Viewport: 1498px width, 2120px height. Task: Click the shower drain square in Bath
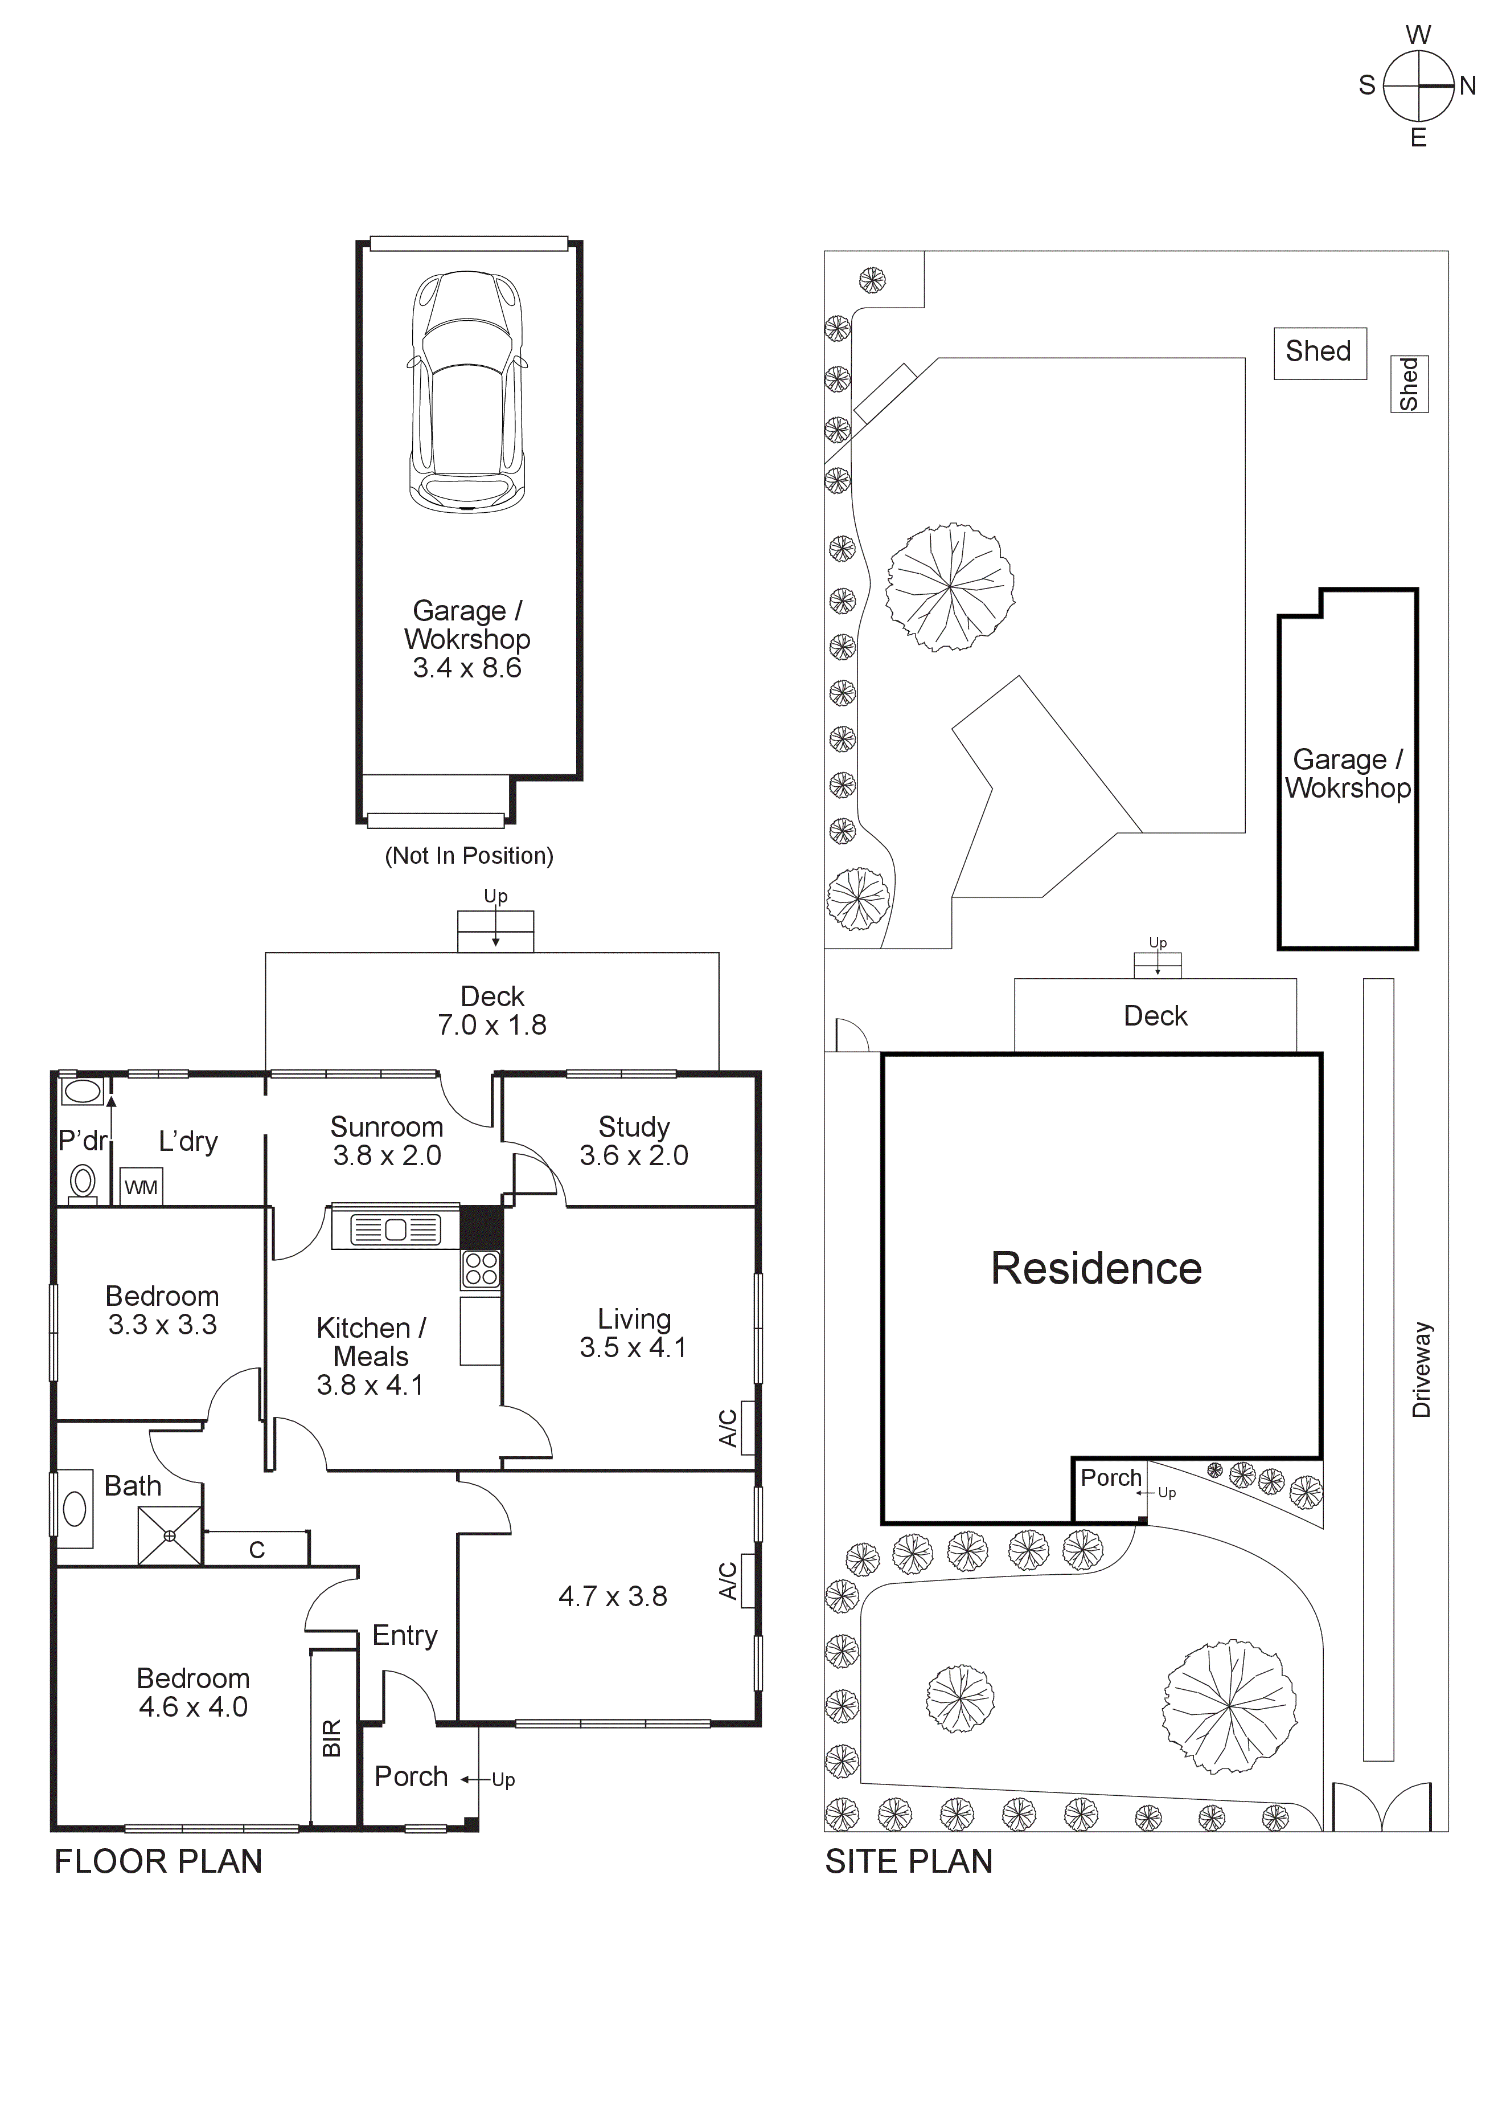click(170, 1535)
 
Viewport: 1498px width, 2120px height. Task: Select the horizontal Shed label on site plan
click(1318, 351)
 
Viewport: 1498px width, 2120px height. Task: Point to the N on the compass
click(1468, 87)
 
